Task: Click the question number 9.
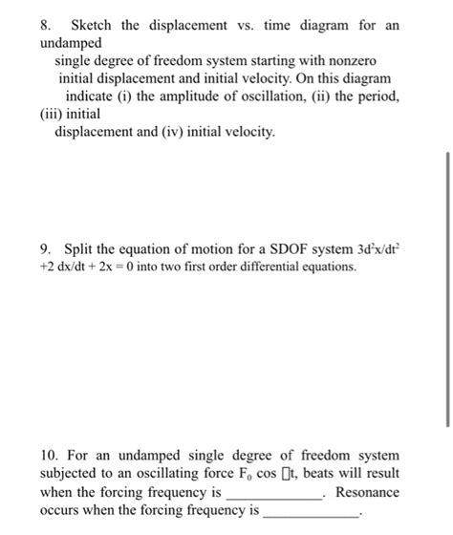45,250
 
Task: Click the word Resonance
368,492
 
